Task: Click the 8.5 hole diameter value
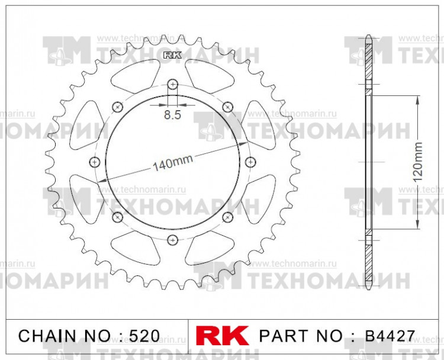click(x=172, y=115)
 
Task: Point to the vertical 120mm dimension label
click(x=418, y=162)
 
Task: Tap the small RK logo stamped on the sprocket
click(x=172, y=56)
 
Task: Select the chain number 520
click(x=144, y=336)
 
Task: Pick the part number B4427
click(x=390, y=336)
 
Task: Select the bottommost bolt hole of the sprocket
click(x=172, y=240)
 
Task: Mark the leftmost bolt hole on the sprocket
click(x=94, y=162)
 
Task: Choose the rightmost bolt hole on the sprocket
click(x=250, y=162)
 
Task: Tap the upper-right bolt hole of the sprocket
click(x=228, y=107)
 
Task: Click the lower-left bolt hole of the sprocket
click(x=117, y=217)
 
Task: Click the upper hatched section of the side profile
click(x=368, y=65)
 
